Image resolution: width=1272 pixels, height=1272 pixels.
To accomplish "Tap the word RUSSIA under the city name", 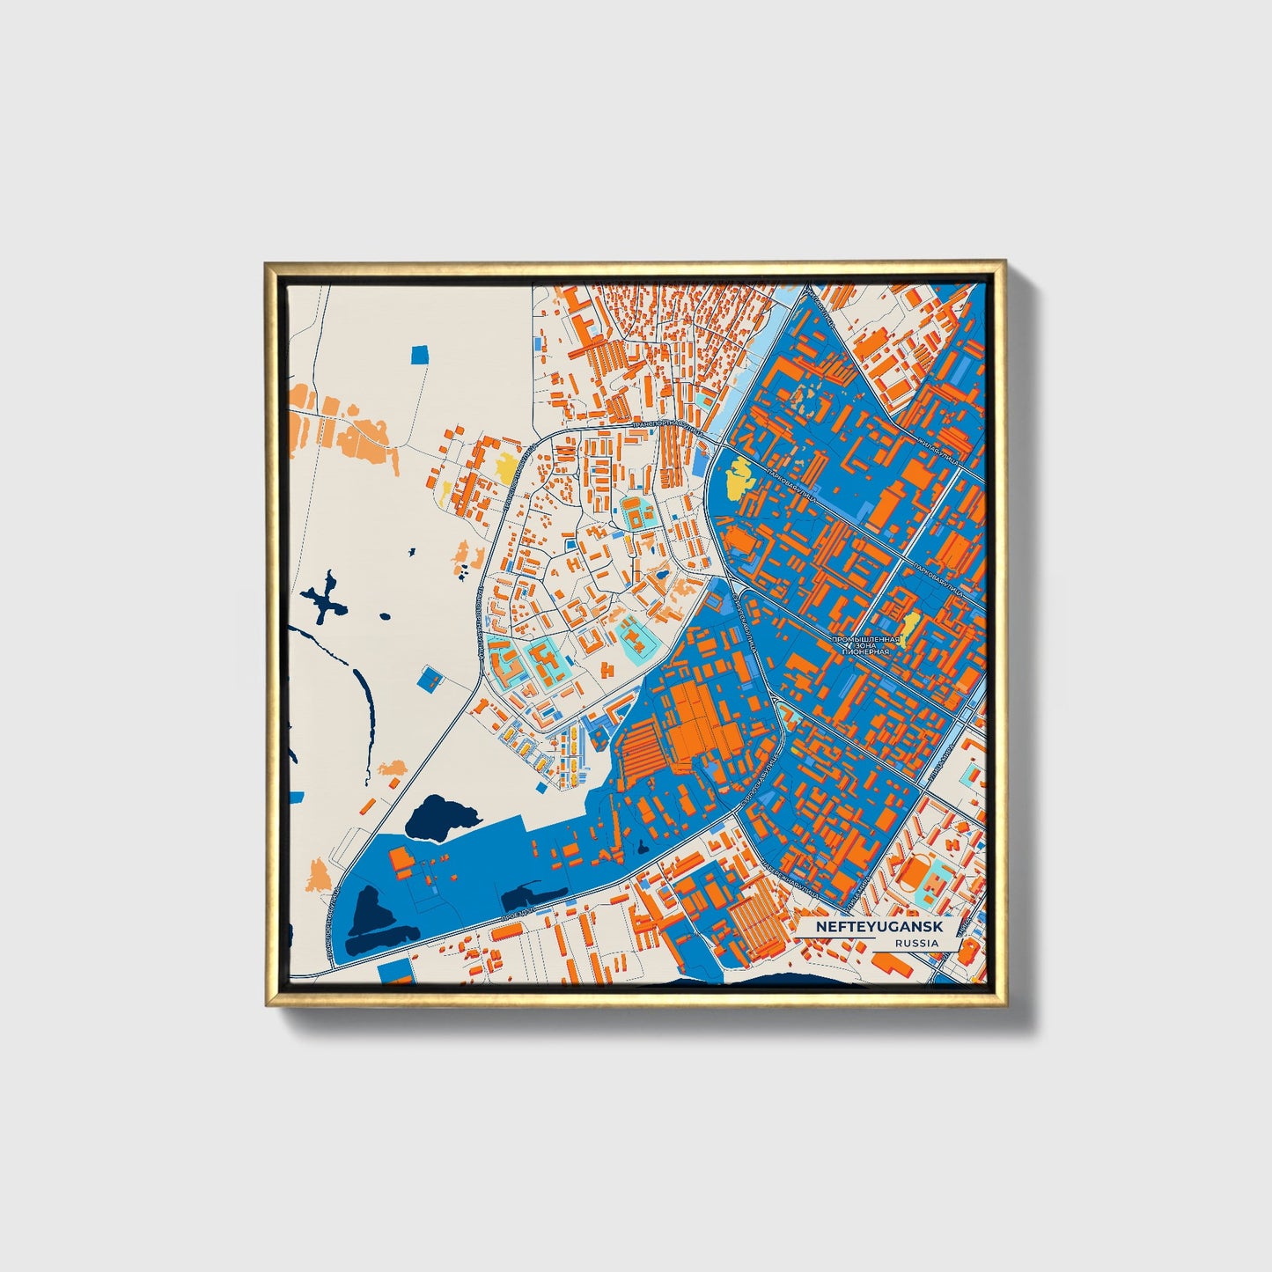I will [915, 943].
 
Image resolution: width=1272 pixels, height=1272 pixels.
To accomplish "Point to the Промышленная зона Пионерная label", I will [867, 645].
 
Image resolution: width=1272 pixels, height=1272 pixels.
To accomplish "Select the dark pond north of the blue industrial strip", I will [438, 815].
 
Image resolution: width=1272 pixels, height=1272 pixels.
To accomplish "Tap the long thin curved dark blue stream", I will [363, 704].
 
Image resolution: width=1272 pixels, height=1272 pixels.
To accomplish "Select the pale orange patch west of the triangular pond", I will [318, 876].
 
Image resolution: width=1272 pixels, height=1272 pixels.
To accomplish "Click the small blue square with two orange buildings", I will [430, 678].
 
